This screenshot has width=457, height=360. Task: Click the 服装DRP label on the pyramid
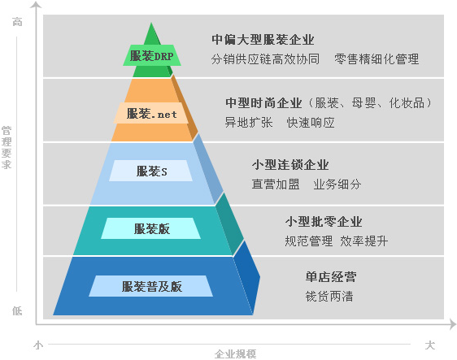[151, 55]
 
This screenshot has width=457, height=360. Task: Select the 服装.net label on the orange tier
[151, 114]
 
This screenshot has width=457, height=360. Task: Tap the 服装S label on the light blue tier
[151, 171]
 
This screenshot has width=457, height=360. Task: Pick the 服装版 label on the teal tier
[151, 229]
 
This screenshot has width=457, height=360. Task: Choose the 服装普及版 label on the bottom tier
[151, 287]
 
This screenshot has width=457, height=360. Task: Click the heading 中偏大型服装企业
[263, 40]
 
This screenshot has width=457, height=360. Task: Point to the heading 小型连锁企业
[290, 165]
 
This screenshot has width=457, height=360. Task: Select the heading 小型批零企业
[324, 222]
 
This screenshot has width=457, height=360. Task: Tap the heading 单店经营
[331, 276]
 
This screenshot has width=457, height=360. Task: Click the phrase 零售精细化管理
[376, 59]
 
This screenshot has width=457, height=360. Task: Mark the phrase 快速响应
[311, 123]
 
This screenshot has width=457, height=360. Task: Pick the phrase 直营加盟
[276, 184]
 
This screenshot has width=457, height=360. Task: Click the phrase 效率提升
[364, 241]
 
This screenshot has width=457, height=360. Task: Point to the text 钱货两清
[329, 297]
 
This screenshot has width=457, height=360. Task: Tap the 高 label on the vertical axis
[17, 22]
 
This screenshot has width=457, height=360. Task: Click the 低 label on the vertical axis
[17, 310]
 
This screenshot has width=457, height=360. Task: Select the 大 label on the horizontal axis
[430, 345]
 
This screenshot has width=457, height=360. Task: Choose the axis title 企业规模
[236, 354]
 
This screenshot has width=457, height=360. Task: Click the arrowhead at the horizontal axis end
[453, 324]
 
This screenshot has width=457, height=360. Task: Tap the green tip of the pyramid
[151, 24]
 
